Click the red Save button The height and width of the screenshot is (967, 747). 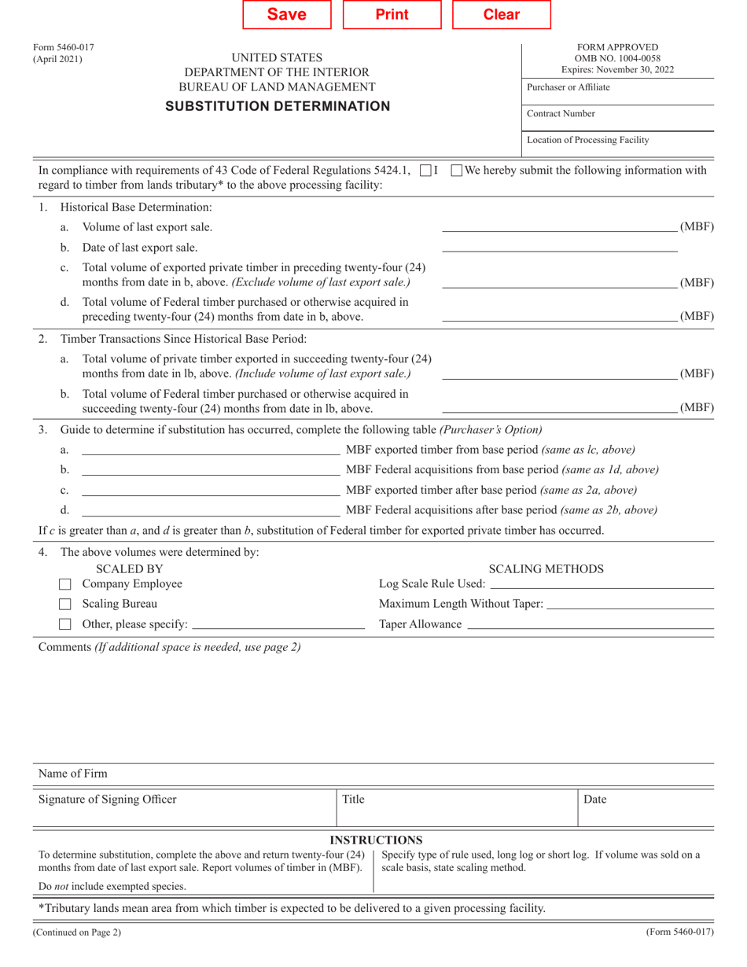(287, 15)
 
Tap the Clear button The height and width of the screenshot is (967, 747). (501, 15)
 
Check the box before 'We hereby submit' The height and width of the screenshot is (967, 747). (457, 170)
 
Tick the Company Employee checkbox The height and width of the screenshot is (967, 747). (66, 585)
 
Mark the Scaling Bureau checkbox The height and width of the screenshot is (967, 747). (66, 605)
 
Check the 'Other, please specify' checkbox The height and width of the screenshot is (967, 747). (66, 625)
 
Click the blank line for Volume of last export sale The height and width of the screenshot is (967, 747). (559, 227)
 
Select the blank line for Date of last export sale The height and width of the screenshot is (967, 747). (559, 248)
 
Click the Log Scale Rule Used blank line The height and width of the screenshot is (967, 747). (601, 584)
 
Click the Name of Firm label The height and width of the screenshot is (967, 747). (73, 774)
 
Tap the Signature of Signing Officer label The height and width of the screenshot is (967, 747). (108, 800)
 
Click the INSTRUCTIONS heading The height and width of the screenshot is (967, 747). (375, 840)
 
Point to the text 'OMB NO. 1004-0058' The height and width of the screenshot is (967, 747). (617, 58)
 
